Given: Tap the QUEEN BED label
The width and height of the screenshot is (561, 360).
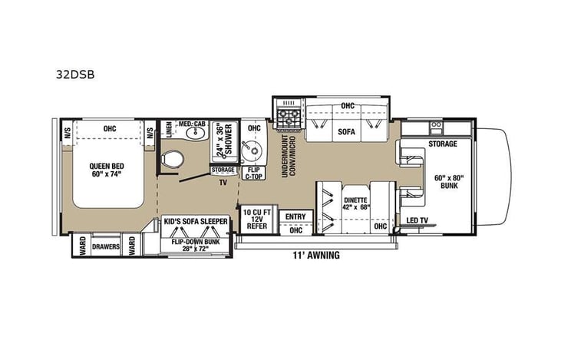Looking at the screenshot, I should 106,170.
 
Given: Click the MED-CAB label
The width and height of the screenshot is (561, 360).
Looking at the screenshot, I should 190,124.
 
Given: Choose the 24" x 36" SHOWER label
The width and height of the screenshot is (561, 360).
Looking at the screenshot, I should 223,140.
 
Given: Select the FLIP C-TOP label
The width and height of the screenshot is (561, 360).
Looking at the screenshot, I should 252,173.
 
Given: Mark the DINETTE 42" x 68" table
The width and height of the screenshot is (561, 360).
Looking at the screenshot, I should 355,201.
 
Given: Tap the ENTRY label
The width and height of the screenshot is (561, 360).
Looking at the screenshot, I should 295,217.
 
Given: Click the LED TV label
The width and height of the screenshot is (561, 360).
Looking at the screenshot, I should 417,221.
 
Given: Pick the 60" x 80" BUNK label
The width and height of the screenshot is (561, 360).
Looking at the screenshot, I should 449,182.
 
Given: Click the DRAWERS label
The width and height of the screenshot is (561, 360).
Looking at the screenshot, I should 107,246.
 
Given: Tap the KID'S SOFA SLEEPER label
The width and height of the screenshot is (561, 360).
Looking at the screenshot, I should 196,221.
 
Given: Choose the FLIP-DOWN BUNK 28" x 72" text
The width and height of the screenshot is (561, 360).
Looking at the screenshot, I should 196,244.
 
